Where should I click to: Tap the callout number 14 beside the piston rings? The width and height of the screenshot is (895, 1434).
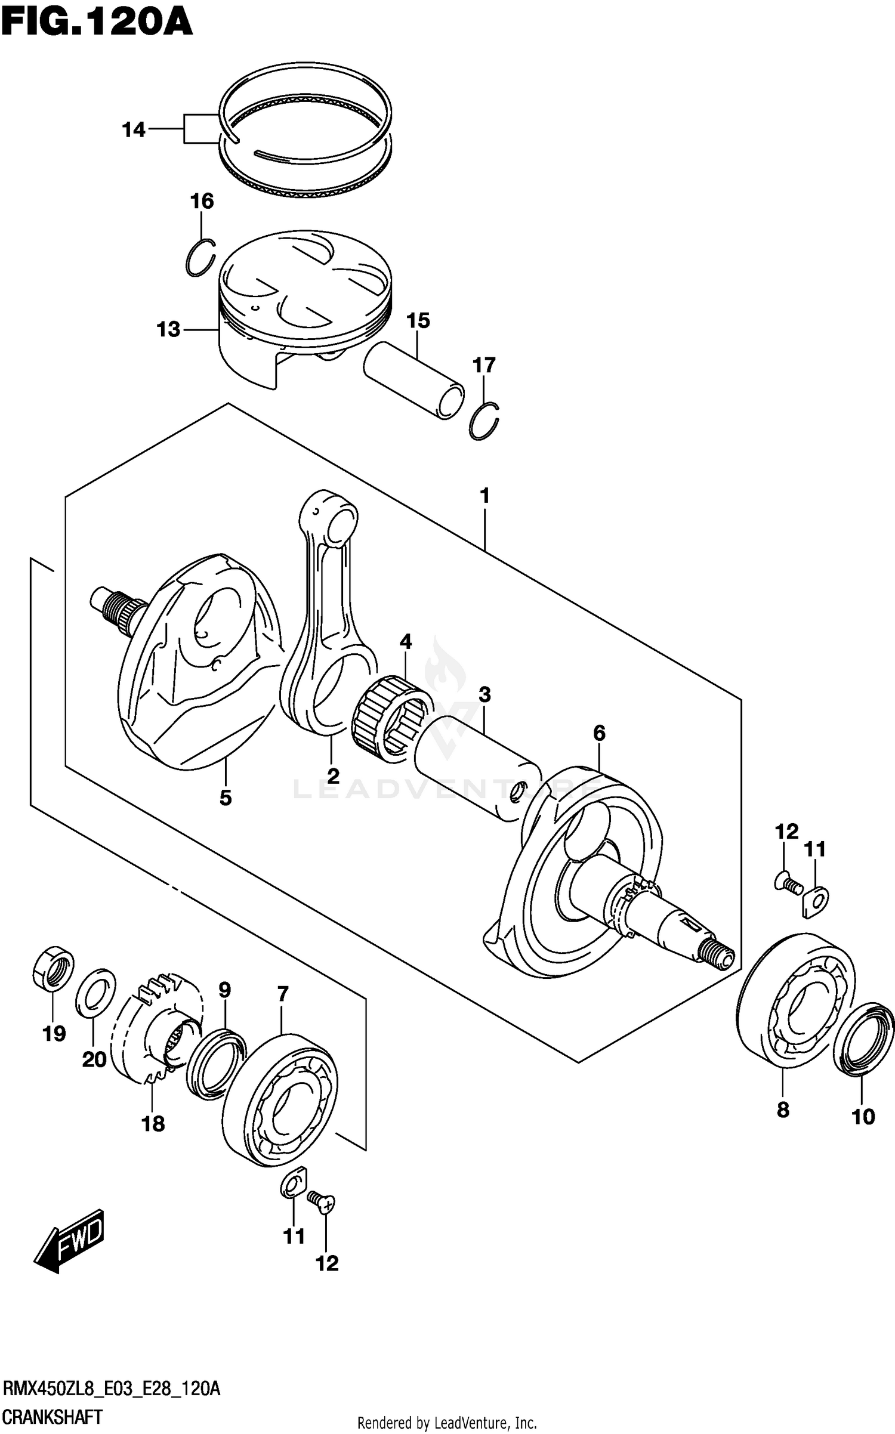134,129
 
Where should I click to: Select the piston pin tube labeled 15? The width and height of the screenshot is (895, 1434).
413,379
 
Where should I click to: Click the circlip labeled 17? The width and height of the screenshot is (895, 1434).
484,422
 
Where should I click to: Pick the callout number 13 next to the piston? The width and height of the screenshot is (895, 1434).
168,329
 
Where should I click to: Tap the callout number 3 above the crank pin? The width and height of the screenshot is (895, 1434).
484,694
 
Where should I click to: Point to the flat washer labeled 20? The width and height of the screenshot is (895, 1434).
95,994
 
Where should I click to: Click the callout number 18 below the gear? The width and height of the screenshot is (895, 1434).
153,1124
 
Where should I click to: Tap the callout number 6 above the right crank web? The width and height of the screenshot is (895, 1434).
599,733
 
